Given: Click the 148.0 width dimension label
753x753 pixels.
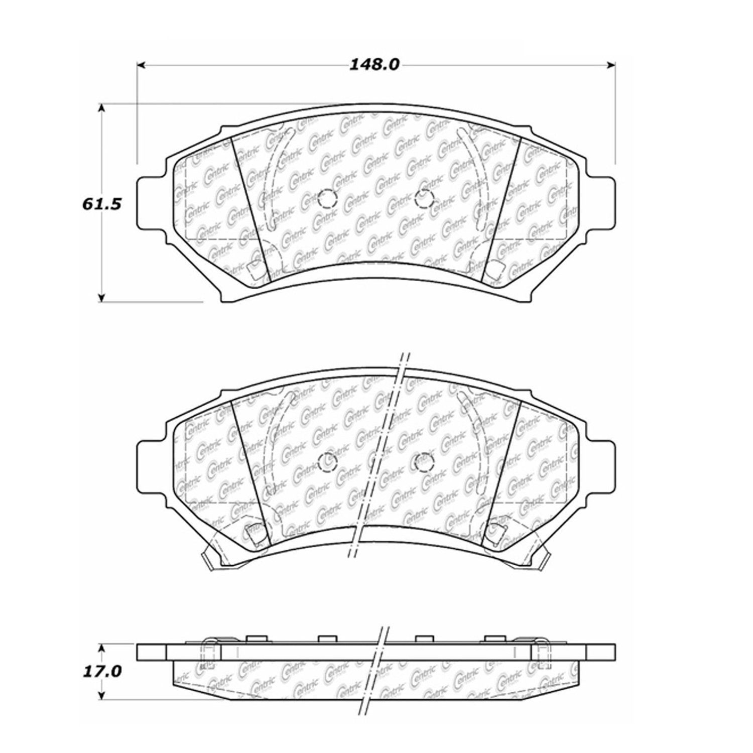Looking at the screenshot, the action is pos(374,64).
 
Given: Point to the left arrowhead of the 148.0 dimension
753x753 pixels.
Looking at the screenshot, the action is pos(141,65).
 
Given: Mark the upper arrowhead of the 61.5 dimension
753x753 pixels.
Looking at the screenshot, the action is pos(102,108).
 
